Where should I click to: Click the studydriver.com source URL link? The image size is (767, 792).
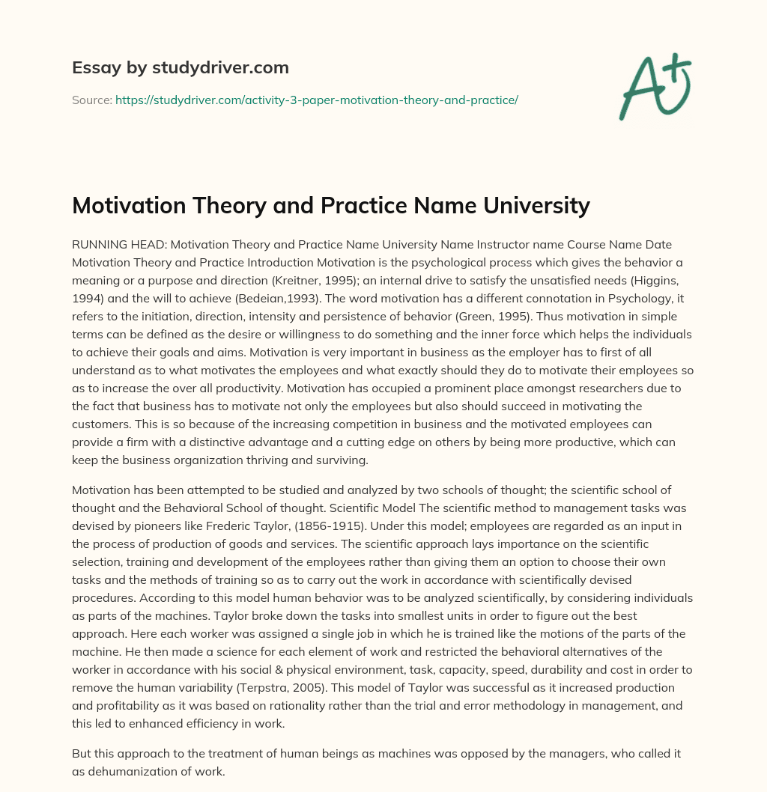(x=317, y=99)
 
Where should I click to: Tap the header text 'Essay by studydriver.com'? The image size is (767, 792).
(x=181, y=68)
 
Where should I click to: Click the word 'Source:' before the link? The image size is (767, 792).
(x=92, y=99)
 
